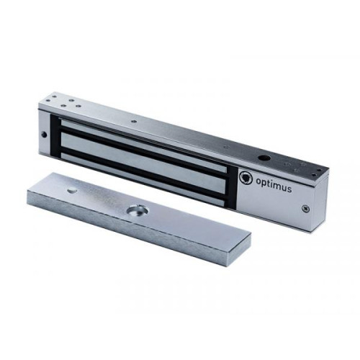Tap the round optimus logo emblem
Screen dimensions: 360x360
(246, 178)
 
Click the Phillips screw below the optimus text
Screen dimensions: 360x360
(305, 208)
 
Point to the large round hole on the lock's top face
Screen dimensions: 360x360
(264, 158)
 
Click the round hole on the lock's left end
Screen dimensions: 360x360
(44, 135)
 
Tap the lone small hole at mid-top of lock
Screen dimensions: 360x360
(133, 122)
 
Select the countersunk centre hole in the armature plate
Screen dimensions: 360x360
(138, 210)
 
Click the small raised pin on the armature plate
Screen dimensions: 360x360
(71, 190)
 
